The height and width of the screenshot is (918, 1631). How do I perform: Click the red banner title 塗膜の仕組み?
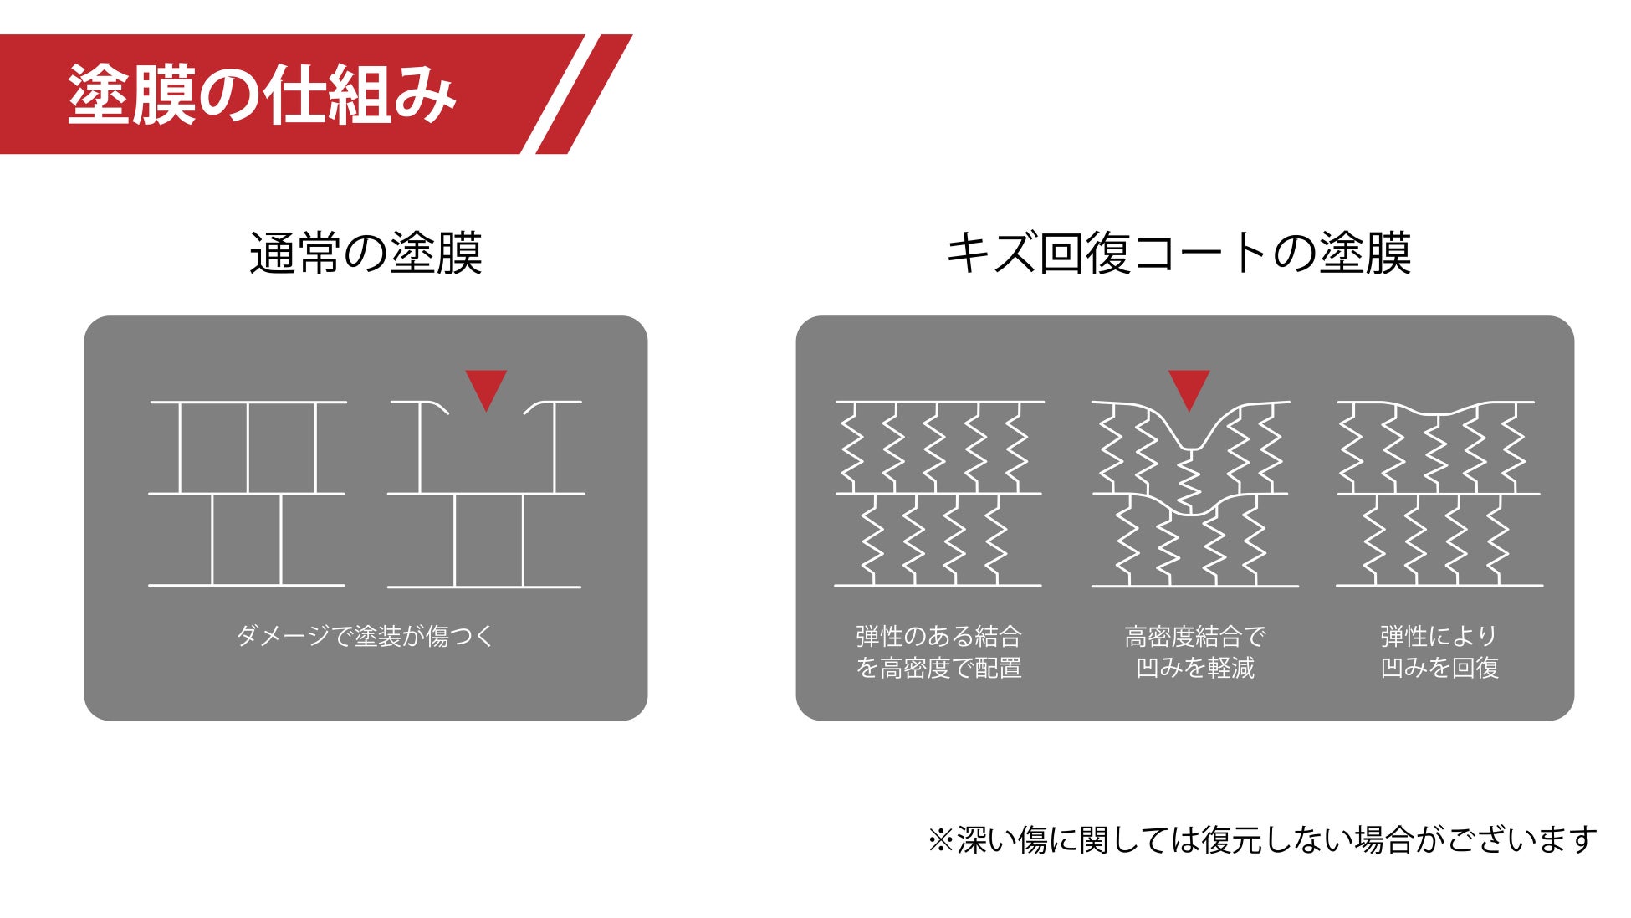262,95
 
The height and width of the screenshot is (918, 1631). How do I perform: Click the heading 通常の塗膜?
366,253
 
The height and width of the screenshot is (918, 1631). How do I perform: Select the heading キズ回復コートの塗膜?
1179,253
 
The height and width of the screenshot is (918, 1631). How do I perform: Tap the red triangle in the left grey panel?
486,386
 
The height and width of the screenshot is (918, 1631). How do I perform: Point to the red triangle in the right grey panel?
1189,386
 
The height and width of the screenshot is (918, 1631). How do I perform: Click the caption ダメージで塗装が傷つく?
366,636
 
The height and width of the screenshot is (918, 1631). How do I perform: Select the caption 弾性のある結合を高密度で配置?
938,652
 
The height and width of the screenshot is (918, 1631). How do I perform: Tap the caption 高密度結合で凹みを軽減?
1194,652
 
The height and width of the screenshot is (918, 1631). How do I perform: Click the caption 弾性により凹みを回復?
1439,652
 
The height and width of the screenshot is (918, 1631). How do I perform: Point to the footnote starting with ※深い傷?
1261,839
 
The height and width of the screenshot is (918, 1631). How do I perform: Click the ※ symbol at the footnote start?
940,839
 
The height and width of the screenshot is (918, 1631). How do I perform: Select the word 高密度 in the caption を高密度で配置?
915,668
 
